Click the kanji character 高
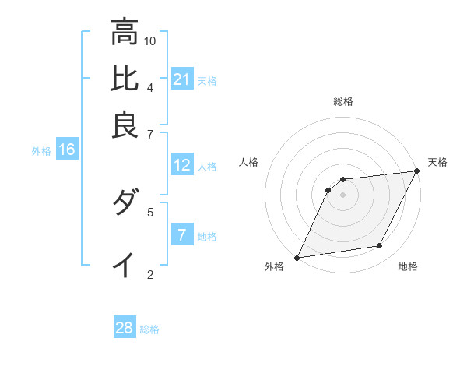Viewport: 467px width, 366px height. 125,32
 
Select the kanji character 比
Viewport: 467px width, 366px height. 125,79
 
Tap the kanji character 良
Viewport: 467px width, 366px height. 125,125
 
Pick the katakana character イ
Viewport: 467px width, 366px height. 125,265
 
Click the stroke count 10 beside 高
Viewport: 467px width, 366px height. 150,40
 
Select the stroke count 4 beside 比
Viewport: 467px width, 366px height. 149,86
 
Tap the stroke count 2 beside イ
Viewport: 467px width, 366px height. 149,273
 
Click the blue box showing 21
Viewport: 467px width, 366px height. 182,79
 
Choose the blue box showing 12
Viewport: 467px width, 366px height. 182,165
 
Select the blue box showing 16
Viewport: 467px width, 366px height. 66,150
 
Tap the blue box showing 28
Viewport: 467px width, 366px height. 125,328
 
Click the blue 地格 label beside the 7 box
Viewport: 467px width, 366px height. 207,236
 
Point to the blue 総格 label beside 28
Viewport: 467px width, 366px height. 149,329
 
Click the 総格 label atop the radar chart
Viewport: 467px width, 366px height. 343,101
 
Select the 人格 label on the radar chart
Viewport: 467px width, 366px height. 249,162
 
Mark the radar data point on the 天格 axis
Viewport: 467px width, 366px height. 417,171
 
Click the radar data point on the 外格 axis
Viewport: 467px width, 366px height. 297,258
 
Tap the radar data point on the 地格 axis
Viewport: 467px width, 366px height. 380,246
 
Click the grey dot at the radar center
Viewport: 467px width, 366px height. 343,195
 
